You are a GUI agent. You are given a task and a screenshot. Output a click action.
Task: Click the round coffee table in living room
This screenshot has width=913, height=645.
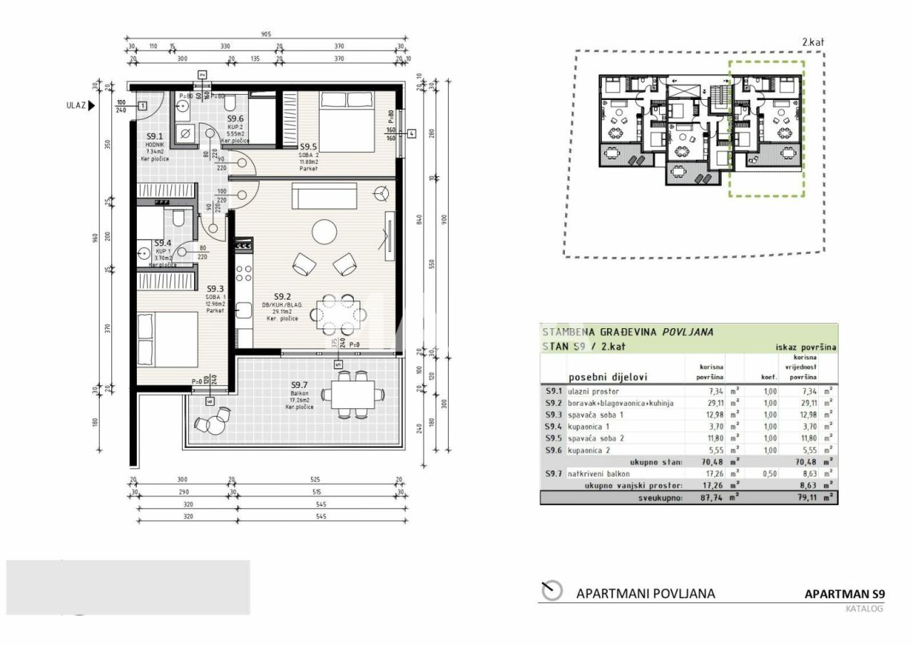[325, 231]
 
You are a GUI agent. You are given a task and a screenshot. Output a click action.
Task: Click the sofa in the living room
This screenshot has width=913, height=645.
[324, 195]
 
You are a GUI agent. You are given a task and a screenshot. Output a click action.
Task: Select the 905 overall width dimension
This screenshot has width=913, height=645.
[266, 34]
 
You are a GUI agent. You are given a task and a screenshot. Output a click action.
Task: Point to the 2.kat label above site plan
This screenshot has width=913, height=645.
[812, 42]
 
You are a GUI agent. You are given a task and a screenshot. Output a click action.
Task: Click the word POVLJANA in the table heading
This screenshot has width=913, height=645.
[688, 332]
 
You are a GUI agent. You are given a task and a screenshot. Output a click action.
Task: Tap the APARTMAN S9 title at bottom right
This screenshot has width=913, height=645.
[844, 594]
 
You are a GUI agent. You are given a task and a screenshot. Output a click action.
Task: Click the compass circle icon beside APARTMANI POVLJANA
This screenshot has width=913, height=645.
[552, 591]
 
